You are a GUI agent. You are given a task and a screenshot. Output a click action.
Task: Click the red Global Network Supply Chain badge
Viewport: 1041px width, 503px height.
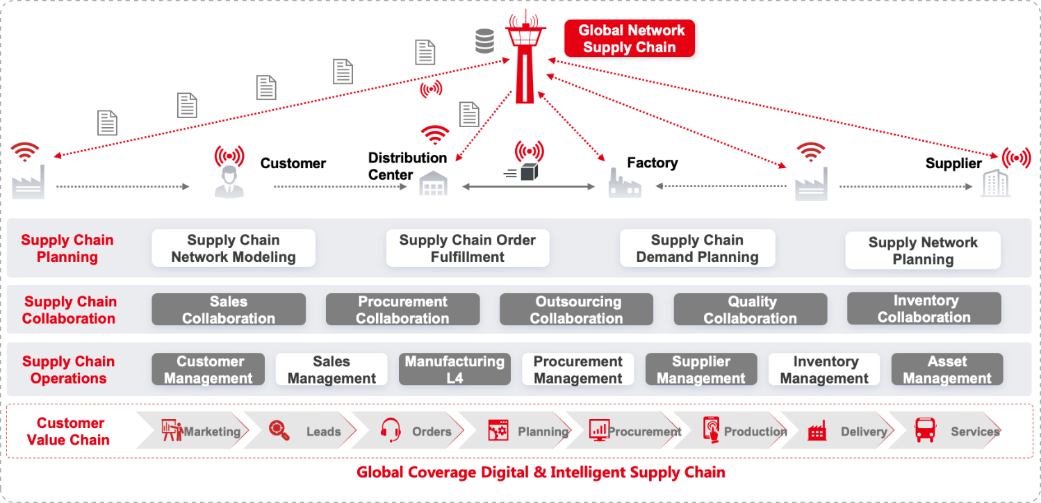(629, 39)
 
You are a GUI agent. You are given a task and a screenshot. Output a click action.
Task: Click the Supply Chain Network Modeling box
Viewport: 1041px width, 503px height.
(233, 249)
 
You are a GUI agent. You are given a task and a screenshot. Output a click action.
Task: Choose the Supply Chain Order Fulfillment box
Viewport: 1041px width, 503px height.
(467, 249)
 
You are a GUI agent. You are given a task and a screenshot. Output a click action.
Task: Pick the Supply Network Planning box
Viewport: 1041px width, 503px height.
(922, 251)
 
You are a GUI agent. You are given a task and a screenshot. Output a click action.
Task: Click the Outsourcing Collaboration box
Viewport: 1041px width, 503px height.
(576, 310)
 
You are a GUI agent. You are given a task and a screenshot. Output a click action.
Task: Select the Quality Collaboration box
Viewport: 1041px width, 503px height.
(751, 310)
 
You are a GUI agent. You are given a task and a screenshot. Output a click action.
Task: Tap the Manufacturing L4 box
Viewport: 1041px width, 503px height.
(454, 370)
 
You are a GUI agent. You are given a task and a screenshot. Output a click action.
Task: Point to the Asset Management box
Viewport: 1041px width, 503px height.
(946, 370)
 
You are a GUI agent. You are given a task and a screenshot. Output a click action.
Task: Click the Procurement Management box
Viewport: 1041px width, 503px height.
(577, 370)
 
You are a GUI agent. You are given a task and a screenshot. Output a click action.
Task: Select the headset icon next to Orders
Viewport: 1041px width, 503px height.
(391, 431)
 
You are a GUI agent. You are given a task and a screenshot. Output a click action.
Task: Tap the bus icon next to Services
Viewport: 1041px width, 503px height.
(925, 431)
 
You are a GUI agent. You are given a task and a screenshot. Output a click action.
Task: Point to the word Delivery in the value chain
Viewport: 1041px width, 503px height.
(863, 431)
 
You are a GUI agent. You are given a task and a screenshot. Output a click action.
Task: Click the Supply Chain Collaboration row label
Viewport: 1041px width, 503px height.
(69, 310)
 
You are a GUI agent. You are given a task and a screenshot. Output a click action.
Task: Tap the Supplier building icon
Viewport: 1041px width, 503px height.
(994, 183)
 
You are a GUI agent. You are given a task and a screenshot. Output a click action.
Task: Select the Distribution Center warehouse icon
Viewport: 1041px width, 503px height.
(434, 183)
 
